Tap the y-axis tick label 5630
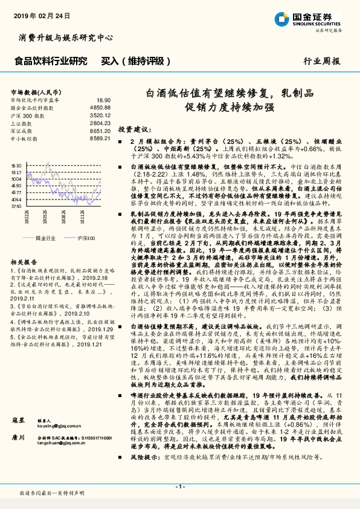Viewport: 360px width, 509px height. coord(16,164)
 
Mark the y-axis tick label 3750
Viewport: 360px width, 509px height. coord(16,206)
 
